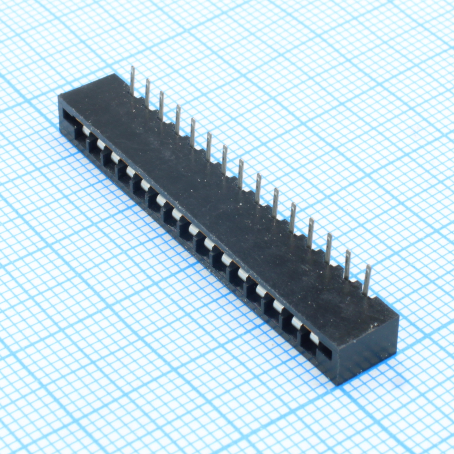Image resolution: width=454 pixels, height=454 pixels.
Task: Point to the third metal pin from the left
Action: tap(161, 105)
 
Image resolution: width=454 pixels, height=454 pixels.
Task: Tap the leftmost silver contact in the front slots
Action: tap(86, 131)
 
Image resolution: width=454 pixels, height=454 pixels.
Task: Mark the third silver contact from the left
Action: tap(115, 157)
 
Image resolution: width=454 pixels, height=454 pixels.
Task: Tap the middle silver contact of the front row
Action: tap(193, 228)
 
